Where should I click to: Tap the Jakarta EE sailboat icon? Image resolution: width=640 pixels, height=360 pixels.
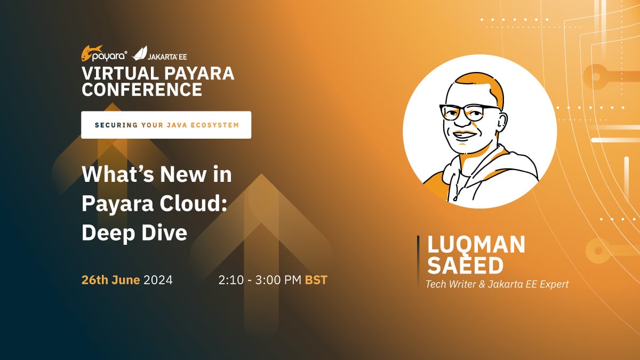pos(139,53)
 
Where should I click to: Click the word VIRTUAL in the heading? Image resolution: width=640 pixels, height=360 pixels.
pos(121,73)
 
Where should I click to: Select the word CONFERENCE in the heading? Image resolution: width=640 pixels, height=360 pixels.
pos(142,90)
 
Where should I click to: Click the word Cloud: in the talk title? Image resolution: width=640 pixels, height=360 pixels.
pos(194,203)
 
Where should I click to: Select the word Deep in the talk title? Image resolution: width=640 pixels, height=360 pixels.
pos(109,233)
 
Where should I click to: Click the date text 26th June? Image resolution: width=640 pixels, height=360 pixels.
pos(110,280)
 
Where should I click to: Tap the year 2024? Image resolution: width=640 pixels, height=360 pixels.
pos(158,280)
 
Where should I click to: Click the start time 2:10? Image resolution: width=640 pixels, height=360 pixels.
pos(231,280)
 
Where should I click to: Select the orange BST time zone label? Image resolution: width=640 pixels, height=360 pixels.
pos(316,280)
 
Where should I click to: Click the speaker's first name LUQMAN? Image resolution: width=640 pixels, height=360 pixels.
pos(476,245)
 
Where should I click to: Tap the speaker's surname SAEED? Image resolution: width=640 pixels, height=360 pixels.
pos(465,266)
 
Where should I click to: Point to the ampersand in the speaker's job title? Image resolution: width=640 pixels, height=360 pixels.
pos(482,284)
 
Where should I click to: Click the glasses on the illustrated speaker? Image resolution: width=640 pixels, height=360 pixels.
pos(469,113)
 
